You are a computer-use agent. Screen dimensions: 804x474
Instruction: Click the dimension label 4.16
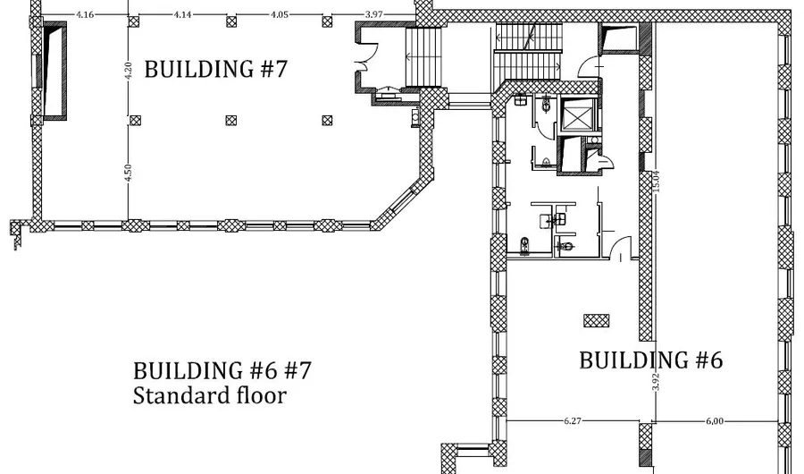point(85,14)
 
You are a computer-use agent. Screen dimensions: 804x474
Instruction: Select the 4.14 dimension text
point(182,14)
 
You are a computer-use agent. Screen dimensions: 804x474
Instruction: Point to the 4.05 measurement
point(280,14)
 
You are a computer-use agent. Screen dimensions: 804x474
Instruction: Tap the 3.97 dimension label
point(373,14)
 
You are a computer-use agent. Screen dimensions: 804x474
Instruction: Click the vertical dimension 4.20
point(128,71)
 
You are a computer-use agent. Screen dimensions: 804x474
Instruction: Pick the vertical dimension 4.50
point(128,173)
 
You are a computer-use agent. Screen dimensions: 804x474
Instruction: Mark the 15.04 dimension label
point(657,182)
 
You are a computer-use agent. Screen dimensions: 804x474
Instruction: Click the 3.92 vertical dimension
point(656,382)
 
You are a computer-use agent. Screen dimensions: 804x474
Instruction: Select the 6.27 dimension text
point(573,421)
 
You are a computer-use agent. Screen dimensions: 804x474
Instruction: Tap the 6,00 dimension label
point(715,421)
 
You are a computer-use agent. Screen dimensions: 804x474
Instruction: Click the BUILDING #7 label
point(216,69)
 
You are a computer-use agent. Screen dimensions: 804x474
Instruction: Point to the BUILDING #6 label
point(651,360)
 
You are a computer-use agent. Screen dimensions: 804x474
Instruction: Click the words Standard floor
point(209,395)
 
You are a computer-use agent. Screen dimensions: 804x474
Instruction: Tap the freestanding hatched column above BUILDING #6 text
point(597,321)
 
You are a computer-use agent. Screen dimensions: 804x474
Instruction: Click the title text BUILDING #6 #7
point(222,370)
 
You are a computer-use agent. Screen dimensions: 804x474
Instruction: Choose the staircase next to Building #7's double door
point(423,57)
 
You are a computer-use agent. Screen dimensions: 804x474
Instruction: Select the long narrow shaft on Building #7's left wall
point(54,71)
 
